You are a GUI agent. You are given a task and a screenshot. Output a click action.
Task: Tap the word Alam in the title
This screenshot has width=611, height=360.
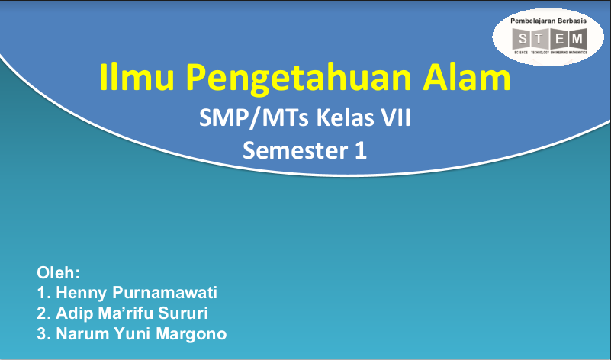(x=467, y=78)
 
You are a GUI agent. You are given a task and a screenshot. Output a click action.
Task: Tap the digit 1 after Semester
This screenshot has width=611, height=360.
(x=360, y=151)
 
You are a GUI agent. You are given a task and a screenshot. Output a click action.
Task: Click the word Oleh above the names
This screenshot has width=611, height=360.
(x=59, y=272)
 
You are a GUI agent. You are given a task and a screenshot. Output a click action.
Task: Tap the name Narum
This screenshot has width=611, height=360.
(x=80, y=334)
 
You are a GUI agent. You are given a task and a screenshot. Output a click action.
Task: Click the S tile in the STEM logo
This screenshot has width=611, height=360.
(x=523, y=38)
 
